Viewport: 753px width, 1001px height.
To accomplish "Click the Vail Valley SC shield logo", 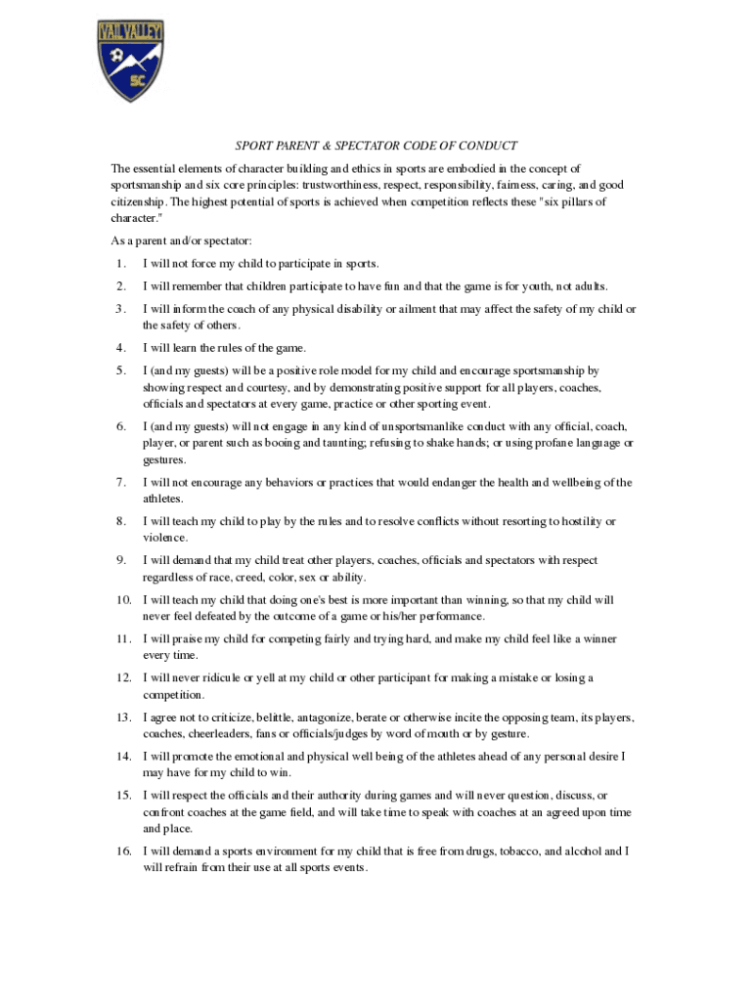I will [130, 61].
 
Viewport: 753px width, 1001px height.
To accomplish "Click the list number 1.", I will [119, 264].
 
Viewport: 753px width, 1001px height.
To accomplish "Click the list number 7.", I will [119, 482].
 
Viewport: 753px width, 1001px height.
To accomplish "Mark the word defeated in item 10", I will [208, 617].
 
